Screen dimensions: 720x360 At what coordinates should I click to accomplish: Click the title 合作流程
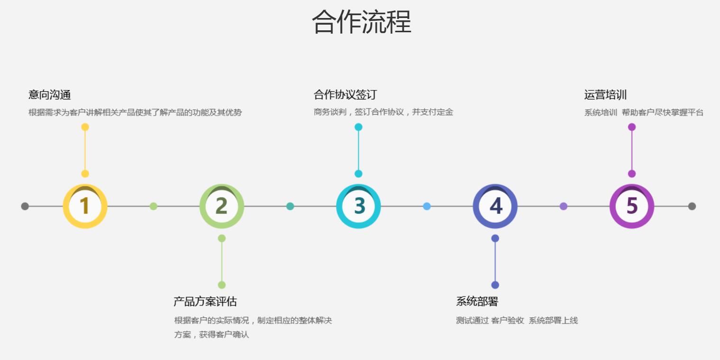362,22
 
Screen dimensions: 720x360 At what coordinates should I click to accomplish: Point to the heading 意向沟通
49,95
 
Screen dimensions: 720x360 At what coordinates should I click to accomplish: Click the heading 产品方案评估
205,302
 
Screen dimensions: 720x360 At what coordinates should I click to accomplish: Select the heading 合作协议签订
345,95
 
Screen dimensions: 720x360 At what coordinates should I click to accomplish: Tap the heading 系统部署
477,302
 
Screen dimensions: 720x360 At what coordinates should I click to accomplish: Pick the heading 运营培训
606,95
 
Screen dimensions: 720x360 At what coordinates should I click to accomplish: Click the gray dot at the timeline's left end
25,206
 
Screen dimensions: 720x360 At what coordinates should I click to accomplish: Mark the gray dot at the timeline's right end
692,206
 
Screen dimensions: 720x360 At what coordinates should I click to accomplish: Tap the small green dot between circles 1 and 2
154,206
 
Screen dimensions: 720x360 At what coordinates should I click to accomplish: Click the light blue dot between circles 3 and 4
427,206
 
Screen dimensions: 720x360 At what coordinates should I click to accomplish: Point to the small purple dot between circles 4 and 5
564,206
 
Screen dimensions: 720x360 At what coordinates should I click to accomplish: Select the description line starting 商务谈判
383,112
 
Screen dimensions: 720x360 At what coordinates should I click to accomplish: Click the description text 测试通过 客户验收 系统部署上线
517,321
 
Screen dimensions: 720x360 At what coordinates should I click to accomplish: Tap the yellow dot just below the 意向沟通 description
85,127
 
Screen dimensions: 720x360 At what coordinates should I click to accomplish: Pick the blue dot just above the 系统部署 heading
495,285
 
